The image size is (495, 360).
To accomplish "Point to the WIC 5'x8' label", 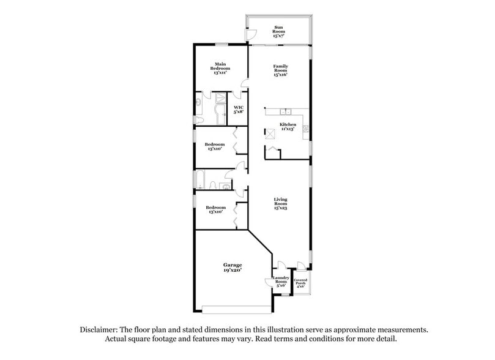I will tap(239, 110).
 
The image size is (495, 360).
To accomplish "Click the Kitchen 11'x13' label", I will tap(288, 127).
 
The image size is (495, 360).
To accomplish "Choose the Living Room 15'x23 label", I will tap(280, 204).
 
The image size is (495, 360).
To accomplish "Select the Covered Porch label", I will tap(300, 283).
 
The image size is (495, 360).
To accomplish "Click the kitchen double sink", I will tap(285, 111).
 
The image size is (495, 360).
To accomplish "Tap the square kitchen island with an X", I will tap(270, 133).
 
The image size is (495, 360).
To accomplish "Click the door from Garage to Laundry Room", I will tap(269, 281).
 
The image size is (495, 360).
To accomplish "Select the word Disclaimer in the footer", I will tap(99, 329).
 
